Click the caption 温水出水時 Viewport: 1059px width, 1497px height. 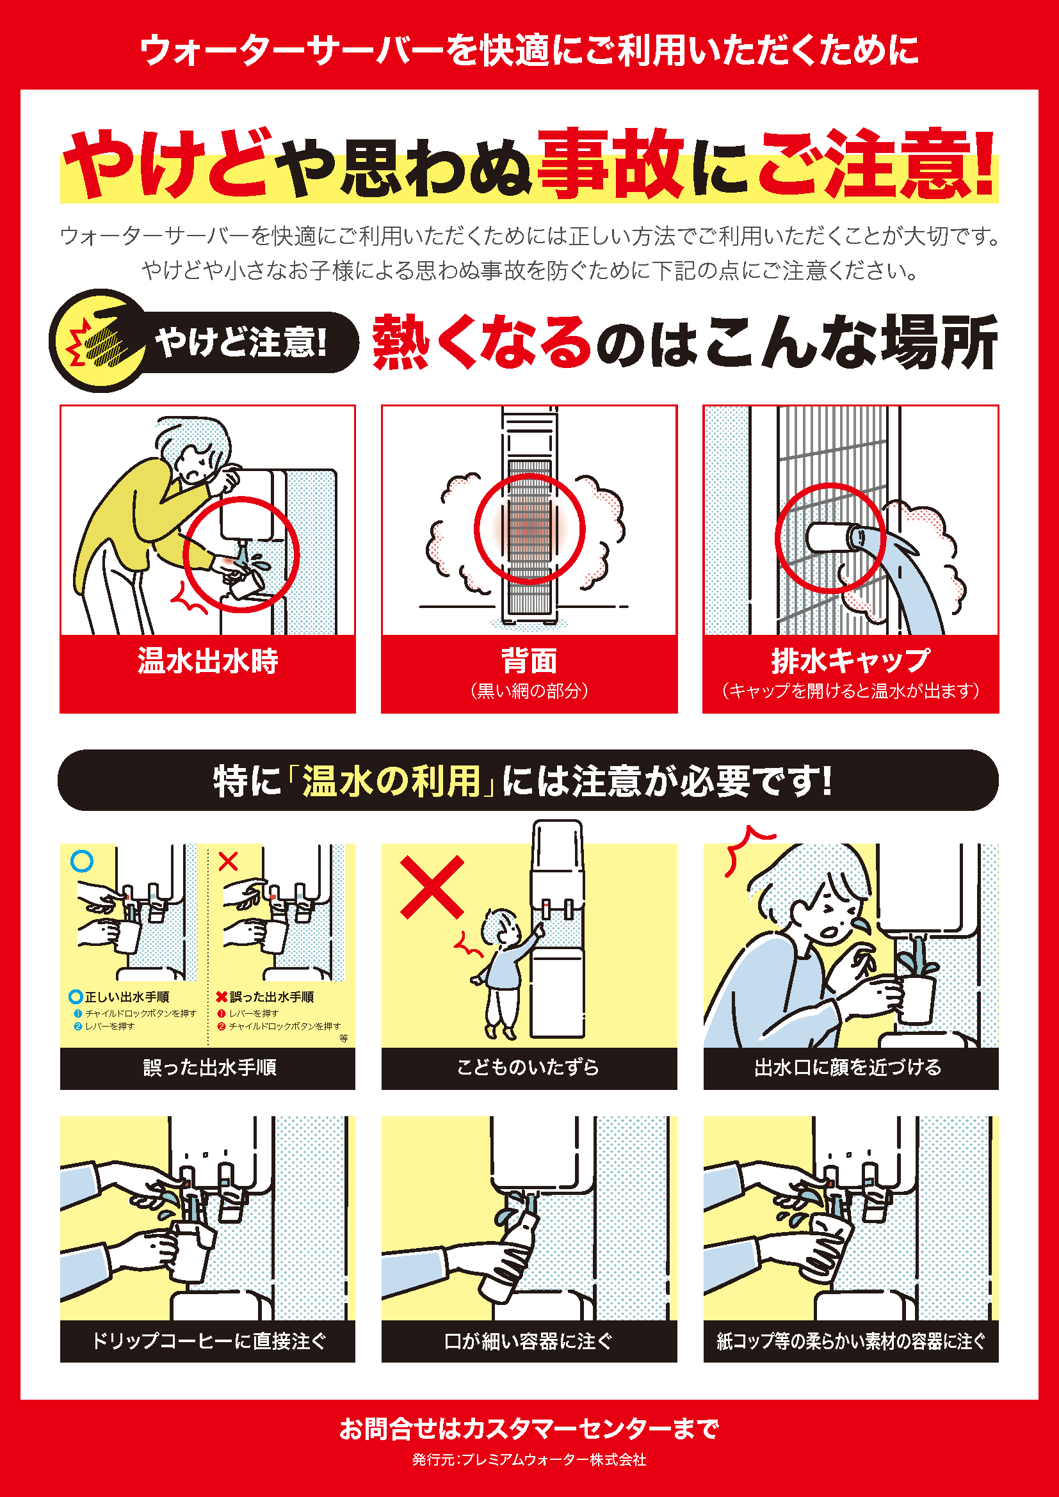tap(207, 660)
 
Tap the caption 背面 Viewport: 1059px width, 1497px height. tap(529, 660)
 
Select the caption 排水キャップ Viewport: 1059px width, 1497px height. tap(850, 660)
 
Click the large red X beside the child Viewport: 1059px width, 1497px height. tap(432, 887)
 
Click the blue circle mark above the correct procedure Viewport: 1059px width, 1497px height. tap(81, 861)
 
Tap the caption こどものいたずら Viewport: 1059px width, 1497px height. tap(528, 1067)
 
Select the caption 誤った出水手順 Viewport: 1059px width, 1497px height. tap(209, 1067)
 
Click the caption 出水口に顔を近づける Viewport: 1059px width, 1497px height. tap(848, 1067)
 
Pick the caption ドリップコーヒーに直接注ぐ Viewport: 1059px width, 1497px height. tap(209, 1341)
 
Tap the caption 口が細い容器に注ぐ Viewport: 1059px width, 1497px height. tap(529, 1341)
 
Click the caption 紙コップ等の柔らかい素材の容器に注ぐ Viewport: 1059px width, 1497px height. tap(851, 1341)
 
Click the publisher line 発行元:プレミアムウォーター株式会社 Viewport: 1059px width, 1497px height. tap(529, 1459)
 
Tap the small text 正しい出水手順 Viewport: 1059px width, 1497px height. tap(127, 997)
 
